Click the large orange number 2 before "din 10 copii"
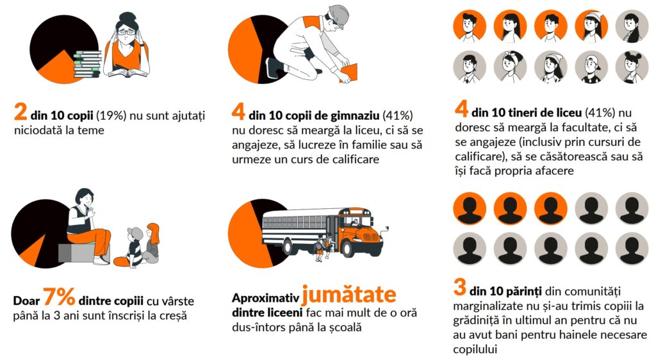20,111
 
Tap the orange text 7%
59,297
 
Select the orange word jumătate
349,295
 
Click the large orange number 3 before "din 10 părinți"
460,287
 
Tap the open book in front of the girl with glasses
127,73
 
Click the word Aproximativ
266,298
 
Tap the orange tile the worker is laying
348,72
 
